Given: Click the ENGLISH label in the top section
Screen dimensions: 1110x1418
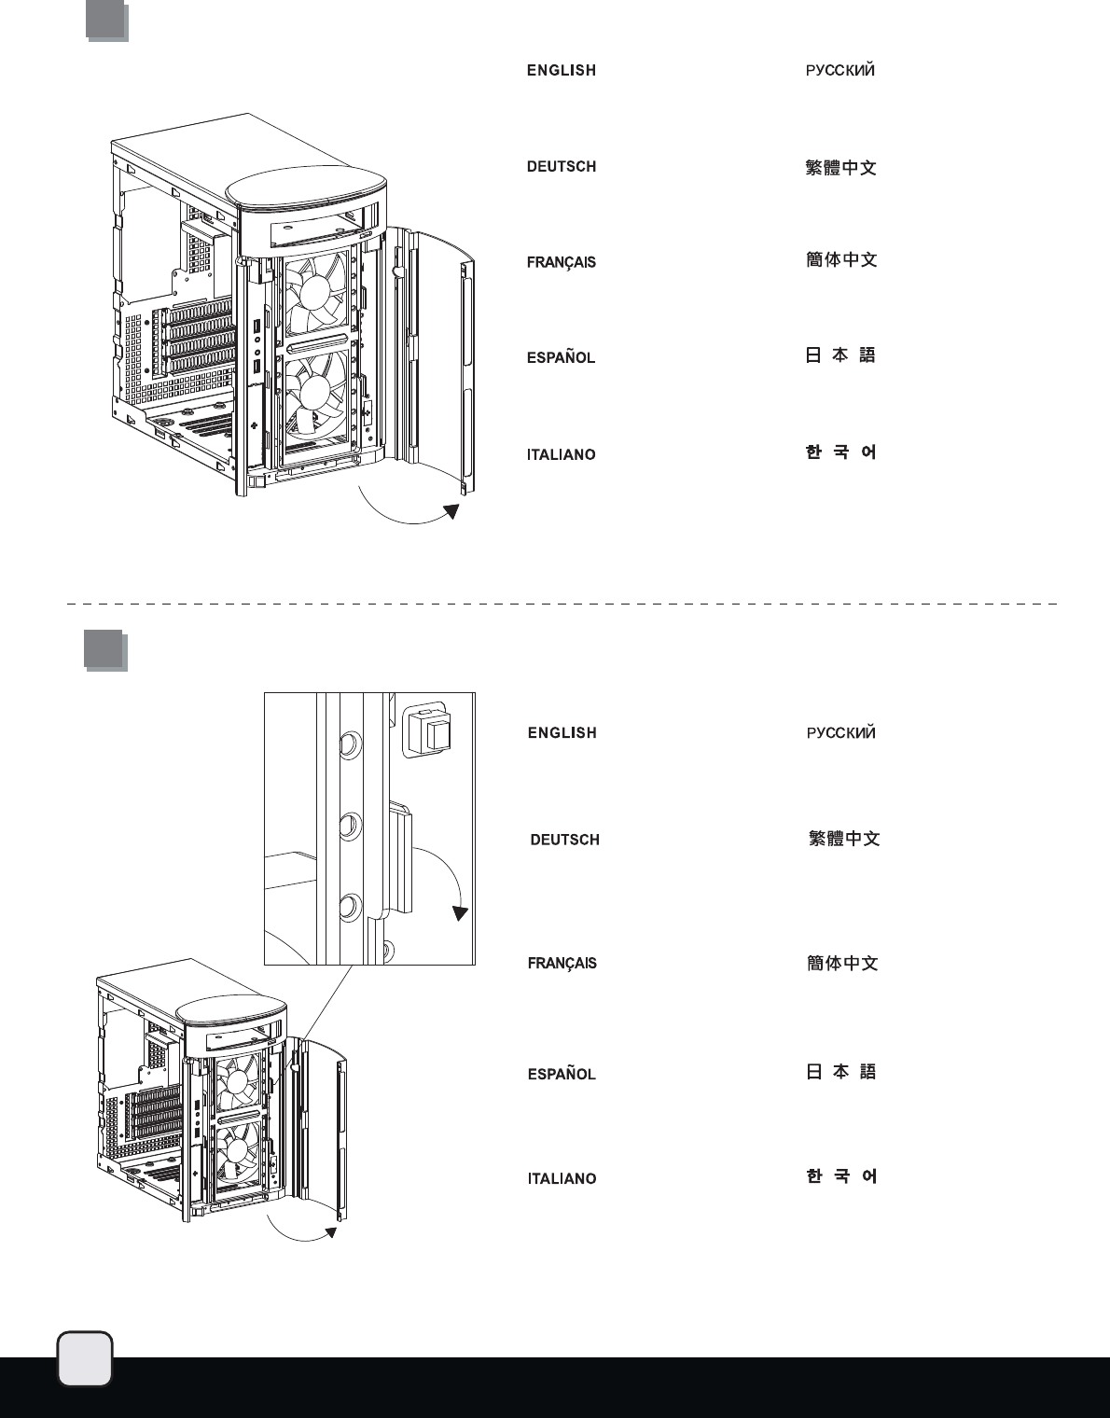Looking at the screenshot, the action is pyautogui.click(x=561, y=70).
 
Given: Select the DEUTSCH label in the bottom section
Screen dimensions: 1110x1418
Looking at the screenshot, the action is pyautogui.click(x=564, y=840).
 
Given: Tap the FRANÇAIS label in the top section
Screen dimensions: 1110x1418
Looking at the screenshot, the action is pyautogui.click(x=561, y=262).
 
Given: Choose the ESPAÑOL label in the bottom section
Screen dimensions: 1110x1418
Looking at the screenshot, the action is pyautogui.click(x=562, y=1074).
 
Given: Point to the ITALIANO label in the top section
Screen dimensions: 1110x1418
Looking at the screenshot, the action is pyautogui.click(x=561, y=454).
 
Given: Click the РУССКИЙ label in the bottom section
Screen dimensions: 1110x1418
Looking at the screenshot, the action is pyautogui.click(x=840, y=732).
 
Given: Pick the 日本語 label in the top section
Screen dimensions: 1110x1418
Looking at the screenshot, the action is pyautogui.click(x=840, y=355).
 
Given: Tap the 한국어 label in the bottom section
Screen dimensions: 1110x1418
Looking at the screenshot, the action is pyautogui.click(x=841, y=1177).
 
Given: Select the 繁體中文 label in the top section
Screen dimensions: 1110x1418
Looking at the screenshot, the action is pyautogui.click(x=840, y=168).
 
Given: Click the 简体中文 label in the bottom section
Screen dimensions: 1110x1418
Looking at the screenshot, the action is pyautogui.click(x=842, y=963).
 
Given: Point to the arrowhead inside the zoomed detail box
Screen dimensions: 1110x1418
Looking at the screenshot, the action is pyautogui.click(x=460, y=912).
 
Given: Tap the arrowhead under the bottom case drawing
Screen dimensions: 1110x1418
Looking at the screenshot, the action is pyautogui.click(x=330, y=1233).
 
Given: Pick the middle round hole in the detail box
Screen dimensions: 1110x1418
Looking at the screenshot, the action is pyautogui.click(x=350, y=825).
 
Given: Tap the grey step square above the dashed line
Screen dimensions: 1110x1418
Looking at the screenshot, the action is pyautogui.click(x=106, y=21).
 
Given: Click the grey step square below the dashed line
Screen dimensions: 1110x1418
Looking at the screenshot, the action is pyautogui.click(x=104, y=649).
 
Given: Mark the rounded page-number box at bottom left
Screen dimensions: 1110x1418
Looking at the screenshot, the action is pyautogui.click(x=85, y=1359).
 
